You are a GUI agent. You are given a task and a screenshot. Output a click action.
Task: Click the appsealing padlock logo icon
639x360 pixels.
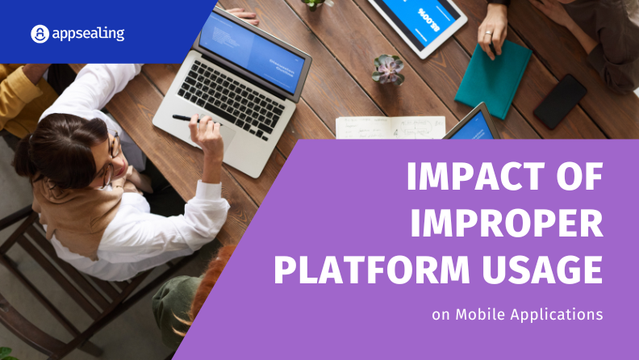(40, 34)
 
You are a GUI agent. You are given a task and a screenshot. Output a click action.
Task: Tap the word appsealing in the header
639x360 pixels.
(88, 33)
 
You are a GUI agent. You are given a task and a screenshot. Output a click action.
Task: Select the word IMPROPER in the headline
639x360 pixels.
(507, 224)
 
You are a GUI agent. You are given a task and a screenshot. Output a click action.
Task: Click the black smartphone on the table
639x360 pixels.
(561, 102)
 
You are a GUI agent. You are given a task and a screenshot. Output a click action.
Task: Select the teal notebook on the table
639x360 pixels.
(493, 78)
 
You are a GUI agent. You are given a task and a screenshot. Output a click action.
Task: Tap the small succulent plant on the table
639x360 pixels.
(387, 69)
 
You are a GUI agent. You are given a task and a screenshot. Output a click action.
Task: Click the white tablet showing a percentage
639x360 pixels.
(419, 23)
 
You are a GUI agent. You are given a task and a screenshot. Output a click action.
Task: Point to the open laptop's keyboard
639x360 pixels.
(231, 99)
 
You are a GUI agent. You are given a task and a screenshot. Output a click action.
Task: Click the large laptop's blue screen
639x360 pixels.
(252, 52)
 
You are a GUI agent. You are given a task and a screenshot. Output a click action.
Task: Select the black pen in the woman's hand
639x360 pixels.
(186, 118)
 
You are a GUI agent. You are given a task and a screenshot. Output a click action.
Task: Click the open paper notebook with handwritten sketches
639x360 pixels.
(390, 128)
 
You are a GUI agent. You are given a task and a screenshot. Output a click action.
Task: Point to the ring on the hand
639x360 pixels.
(488, 33)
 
